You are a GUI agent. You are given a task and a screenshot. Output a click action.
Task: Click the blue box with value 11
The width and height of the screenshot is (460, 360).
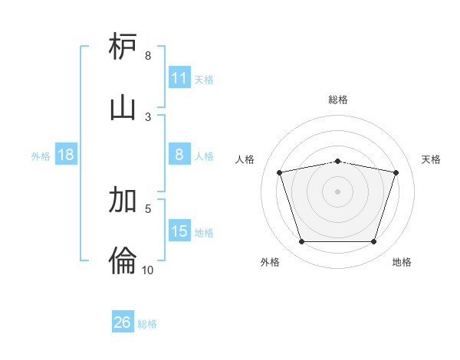[x=179, y=78]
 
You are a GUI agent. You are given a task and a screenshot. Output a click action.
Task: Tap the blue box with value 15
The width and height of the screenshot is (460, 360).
[x=179, y=231]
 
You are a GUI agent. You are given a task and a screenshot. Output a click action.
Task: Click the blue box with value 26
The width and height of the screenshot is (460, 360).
[x=123, y=322]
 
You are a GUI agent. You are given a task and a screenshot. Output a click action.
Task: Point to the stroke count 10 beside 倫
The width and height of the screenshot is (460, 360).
[x=148, y=270]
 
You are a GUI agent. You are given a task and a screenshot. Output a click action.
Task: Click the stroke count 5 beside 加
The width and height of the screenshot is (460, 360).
[x=148, y=208]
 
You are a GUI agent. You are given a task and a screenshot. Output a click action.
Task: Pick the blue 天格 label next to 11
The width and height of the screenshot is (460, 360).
[x=203, y=79]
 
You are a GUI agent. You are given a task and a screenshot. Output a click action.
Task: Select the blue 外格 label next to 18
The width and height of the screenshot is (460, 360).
[x=41, y=156]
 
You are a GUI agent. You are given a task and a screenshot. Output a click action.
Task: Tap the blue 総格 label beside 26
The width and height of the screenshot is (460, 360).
[x=147, y=323]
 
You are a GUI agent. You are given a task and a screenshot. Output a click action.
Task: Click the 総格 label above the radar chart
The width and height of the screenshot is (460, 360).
[x=338, y=100]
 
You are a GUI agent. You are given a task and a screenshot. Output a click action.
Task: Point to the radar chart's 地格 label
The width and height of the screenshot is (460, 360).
[x=402, y=262]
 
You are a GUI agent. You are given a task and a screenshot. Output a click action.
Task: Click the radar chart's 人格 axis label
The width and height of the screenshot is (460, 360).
[x=245, y=159]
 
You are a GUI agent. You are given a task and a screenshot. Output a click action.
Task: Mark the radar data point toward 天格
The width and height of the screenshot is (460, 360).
[x=396, y=173]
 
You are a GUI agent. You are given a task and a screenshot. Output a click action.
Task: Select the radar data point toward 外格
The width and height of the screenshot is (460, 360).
[x=301, y=242]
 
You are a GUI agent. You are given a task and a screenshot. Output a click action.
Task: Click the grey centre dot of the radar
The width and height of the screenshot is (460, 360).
[x=337, y=191]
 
